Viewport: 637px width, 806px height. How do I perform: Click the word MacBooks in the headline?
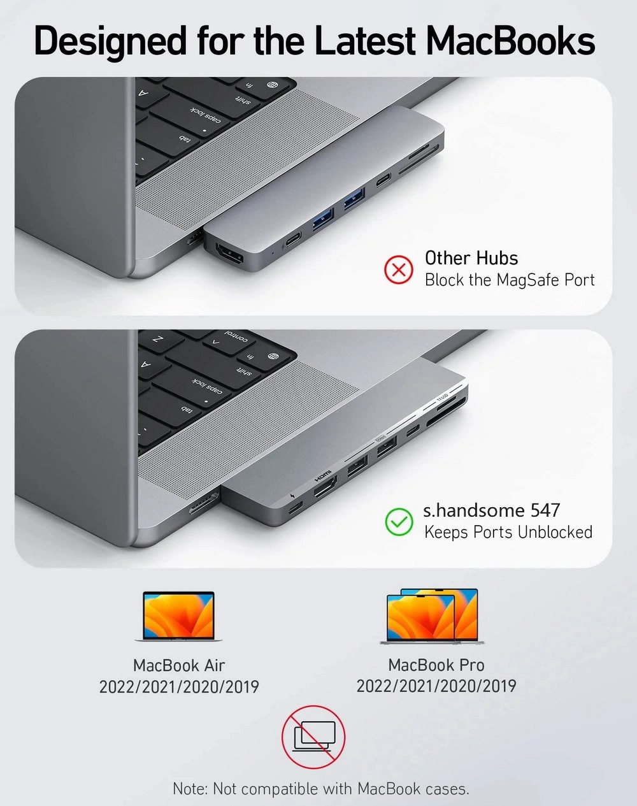[x=510, y=40]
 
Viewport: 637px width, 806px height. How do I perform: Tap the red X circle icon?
[x=399, y=270]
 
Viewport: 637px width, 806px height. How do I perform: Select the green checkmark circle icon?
[x=399, y=522]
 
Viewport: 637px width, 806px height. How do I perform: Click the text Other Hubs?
[x=471, y=258]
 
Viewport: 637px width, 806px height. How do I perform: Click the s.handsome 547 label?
[x=491, y=510]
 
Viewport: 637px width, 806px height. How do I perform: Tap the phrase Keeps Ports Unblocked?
[x=508, y=532]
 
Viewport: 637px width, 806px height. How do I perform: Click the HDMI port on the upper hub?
[x=229, y=252]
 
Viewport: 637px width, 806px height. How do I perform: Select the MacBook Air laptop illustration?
[x=178, y=616]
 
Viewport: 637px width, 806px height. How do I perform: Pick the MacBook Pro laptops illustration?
[x=432, y=616]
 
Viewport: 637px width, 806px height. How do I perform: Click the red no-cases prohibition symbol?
[x=313, y=737]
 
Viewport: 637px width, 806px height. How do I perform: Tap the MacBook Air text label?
[x=179, y=666]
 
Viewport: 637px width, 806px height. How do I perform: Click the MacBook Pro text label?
[x=436, y=665]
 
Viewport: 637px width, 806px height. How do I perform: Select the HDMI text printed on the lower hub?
[x=323, y=475]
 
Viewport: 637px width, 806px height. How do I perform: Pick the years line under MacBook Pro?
[x=436, y=686]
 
